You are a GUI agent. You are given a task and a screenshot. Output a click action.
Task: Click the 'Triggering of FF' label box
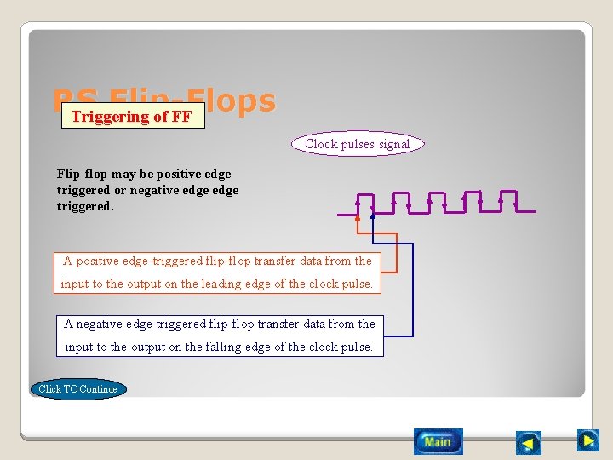[133, 117]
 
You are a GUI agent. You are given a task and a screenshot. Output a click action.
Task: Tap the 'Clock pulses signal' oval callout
[358, 144]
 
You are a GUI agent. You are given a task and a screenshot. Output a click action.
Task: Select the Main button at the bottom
[438, 441]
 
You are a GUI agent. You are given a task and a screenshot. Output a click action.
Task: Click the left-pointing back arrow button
[529, 443]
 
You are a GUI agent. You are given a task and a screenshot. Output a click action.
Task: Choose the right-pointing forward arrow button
[587, 440]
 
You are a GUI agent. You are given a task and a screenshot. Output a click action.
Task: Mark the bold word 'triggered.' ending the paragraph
[85, 206]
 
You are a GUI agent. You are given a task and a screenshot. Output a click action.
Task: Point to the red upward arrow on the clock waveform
[358, 217]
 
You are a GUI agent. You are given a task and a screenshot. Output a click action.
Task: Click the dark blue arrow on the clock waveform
[373, 216]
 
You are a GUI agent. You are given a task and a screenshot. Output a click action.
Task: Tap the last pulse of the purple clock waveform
[508, 201]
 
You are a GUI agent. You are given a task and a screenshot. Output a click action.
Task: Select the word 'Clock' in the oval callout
[321, 144]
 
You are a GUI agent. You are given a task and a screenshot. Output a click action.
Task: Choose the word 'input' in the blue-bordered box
[79, 347]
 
